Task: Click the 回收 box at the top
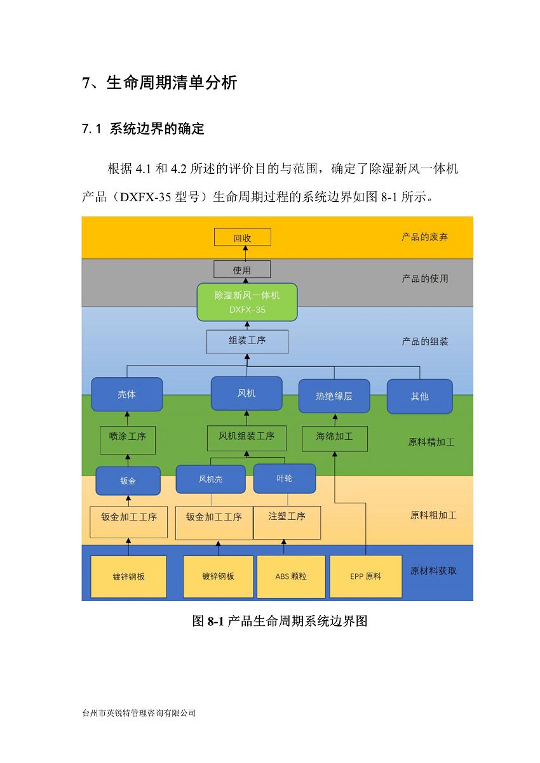[x=243, y=237]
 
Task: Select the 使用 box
[x=242, y=269]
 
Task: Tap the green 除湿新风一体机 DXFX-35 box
[x=247, y=302]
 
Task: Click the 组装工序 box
[x=247, y=342]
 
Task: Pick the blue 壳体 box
[x=127, y=394]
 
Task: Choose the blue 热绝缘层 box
[x=334, y=396]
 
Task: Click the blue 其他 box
[x=420, y=397]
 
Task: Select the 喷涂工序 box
[x=128, y=440]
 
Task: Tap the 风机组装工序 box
[x=246, y=438]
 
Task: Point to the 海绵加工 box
[x=334, y=439]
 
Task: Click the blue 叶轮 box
[x=285, y=479]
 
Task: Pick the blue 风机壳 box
[x=211, y=479]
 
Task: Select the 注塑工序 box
[x=287, y=522]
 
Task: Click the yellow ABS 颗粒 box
[x=291, y=576]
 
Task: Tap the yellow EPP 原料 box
[x=365, y=576]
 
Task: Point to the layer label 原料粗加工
[x=433, y=515]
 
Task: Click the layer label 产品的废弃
[x=424, y=237]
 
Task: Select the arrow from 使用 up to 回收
[x=245, y=253]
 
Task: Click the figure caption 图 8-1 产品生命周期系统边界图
[x=280, y=621]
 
